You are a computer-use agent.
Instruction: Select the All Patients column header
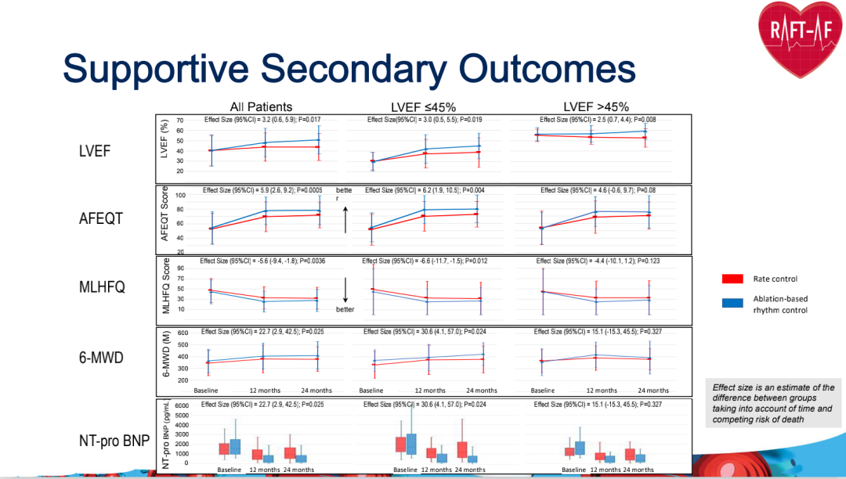tap(261, 107)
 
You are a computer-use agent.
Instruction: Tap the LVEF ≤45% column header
tap(423, 107)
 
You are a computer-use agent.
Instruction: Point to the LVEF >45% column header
tap(596, 107)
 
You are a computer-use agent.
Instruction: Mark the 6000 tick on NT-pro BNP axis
tap(181, 406)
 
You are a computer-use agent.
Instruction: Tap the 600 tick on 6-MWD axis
tap(182, 333)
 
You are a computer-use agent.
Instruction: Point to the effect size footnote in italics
tap(773, 403)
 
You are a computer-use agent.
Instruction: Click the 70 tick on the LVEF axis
tap(180, 121)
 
